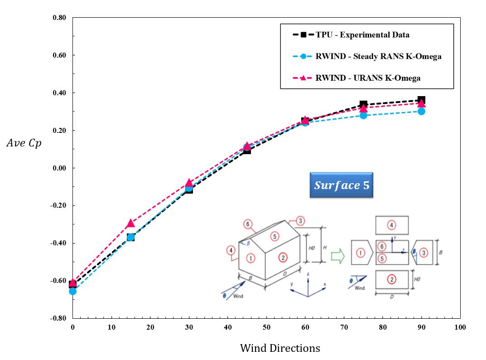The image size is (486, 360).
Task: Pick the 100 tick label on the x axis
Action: tap(460, 327)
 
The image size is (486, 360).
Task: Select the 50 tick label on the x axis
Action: tap(266, 327)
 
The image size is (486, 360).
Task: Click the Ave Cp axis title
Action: tap(24, 143)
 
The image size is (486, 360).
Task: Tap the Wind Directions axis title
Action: tap(279, 348)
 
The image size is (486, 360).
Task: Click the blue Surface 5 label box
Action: tap(342, 185)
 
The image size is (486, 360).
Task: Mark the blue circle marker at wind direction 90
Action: tap(421, 111)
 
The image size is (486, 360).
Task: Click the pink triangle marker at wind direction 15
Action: tap(130, 223)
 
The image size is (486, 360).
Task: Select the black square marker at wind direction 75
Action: tap(363, 105)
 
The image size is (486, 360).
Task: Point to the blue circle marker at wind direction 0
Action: tap(72, 291)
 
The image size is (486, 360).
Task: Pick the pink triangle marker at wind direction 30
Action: tap(189, 183)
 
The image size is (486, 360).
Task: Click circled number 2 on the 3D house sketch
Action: tap(283, 258)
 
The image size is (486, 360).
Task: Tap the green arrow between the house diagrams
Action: tap(338, 257)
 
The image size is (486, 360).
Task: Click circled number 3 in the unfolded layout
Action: tap(423, 253)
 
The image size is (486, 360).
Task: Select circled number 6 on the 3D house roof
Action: tap(247, 224)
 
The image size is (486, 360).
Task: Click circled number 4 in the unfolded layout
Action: tap(392, 224)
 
